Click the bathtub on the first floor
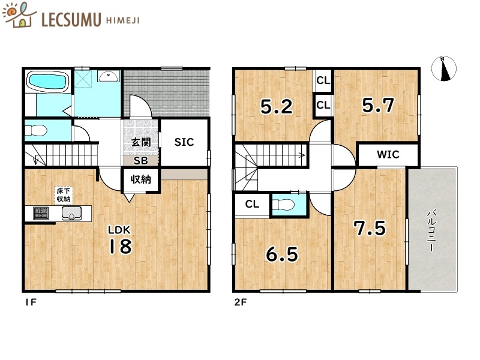[48, 81]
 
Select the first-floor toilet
[36, 131]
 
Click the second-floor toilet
[283, 204]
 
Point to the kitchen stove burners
[41, 213]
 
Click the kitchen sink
[71, 214]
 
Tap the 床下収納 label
[64, 195]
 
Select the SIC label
[184, 142]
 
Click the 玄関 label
[141, 142]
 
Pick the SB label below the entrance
[141, 160]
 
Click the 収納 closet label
[141, 179]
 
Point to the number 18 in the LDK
[121, 246]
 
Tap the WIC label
[388, 154]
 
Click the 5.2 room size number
[277, 106]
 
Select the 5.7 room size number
[378, 105]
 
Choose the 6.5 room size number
[282, 254]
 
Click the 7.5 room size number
[370, 228]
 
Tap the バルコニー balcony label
[431, 230]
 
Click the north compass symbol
[444, 69]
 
